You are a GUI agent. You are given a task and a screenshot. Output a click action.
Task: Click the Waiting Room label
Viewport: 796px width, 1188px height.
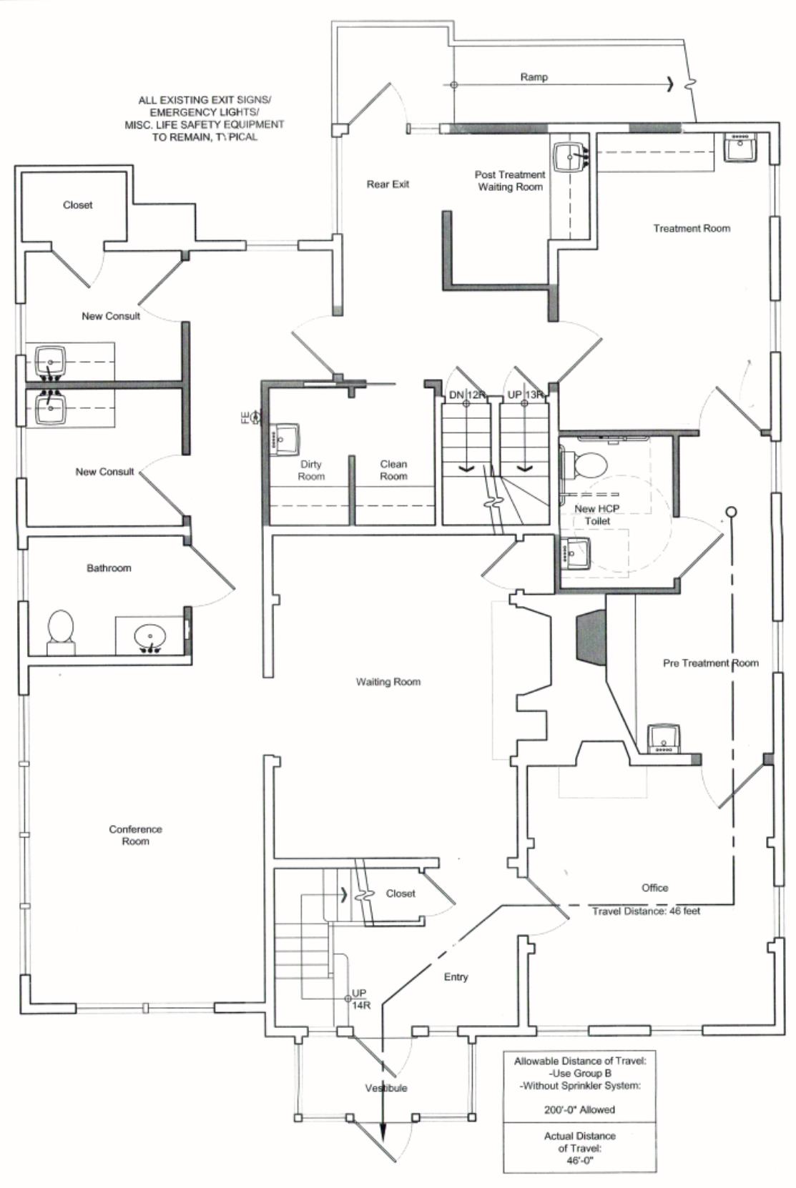tap(388, 681)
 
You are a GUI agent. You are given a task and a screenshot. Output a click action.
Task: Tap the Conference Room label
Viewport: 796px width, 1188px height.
tap(135, 835)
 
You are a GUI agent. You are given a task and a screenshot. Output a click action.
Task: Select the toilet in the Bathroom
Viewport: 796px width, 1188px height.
tap(61, 632)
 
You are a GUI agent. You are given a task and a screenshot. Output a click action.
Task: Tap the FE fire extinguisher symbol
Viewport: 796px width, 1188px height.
tap(250, 417)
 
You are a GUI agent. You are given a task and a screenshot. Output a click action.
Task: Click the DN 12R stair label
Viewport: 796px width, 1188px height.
tap(467, 395)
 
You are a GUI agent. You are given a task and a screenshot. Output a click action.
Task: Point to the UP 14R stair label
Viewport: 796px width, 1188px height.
tap(360, 999)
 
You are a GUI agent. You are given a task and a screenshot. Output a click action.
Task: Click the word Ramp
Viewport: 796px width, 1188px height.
tap(534, 77)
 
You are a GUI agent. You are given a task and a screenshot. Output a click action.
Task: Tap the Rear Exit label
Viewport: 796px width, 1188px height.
tap(388, 184)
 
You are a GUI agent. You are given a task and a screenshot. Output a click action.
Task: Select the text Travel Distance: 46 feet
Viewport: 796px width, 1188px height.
tap(647, 911)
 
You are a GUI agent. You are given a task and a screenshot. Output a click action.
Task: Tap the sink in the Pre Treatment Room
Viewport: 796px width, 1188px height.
tap(664, 739)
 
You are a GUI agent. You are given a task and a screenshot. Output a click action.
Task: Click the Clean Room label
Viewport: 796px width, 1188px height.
tap(394, 470)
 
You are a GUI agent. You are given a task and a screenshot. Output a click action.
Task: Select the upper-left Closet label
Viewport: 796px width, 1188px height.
tap(77, 204)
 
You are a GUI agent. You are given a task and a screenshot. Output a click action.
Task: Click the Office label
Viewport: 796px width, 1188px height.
tap(655, 888)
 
